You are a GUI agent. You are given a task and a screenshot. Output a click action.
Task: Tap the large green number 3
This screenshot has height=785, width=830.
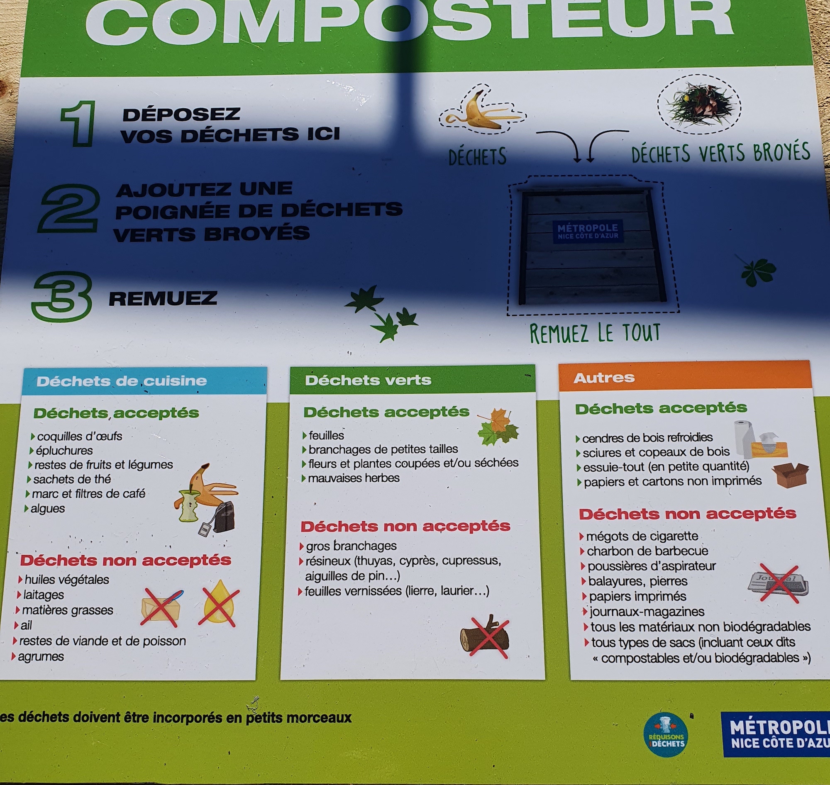pos(62,296)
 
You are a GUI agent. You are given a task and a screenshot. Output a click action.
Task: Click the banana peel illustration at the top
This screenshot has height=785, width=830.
pos(483,110)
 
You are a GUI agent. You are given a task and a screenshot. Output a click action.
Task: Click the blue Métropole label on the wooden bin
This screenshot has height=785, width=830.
pos(587,232)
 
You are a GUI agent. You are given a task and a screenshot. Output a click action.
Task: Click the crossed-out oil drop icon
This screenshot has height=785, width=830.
pos(218,603)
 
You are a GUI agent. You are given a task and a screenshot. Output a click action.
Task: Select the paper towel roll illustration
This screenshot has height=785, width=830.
pos(743,439)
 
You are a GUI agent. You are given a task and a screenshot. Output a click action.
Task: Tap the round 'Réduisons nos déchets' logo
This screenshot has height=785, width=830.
pos(666,735)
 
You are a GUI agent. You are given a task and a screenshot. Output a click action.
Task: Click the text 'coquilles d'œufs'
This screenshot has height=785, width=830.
pos(80,436)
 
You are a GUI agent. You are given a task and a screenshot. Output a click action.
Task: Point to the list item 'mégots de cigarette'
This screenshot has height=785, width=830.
pos(642,536)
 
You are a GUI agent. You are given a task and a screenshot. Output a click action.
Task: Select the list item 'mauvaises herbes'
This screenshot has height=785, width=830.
pos(354,478)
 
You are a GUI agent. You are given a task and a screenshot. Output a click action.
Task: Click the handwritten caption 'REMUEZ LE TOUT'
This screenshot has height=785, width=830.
pos(595,334)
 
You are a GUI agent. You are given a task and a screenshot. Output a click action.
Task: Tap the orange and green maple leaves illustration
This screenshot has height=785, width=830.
pos(498,427)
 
